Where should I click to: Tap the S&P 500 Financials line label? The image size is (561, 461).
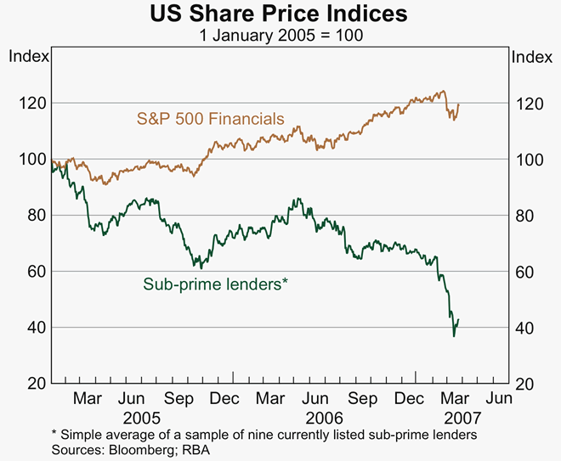coord(211,118)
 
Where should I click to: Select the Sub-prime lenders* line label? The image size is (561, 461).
coord(215,284)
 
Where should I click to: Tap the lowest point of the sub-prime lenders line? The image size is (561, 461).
coord(454,337)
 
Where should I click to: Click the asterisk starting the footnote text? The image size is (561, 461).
coord(54,433)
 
